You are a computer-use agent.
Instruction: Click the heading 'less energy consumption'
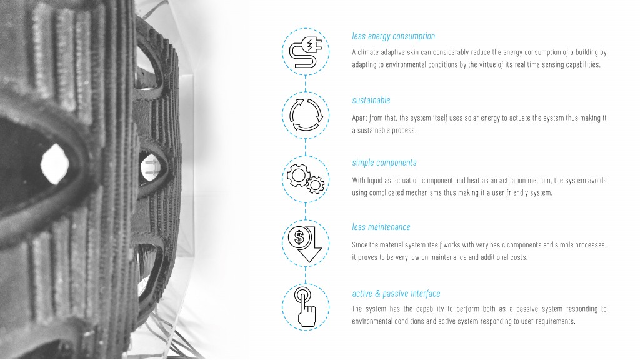[394, 36]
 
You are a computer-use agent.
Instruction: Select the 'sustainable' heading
[371, 100]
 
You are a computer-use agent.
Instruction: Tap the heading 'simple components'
[384, 162]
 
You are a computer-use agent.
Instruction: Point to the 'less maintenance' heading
[381, 227]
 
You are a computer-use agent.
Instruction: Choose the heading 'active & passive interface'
[396, 294]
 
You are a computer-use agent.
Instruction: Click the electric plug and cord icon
[305, 52]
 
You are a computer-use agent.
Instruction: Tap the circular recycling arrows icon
[306, 115]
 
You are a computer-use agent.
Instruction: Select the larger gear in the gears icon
[298, 175]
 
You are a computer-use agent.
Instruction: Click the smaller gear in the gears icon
[315, 185]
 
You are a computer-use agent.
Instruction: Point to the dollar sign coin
[299, 237]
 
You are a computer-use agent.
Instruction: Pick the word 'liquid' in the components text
[375, 181]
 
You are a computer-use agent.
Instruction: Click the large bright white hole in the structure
[54, 163]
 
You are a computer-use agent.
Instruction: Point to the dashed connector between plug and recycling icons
[305, 84]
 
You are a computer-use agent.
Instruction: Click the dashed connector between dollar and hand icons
[305, 276]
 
